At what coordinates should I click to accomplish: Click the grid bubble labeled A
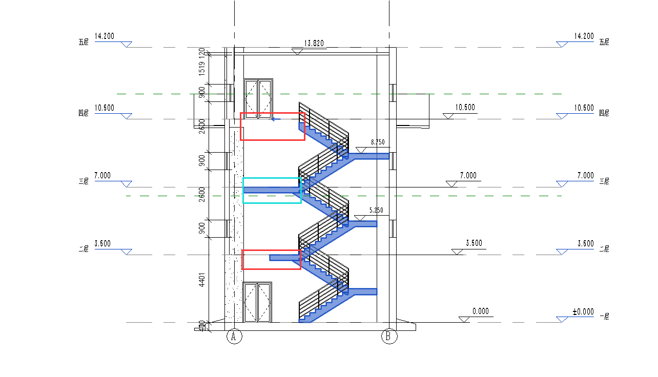pos(234,337)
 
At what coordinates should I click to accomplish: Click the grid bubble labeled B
pos(389,337)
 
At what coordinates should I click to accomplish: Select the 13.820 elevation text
pos(314,44)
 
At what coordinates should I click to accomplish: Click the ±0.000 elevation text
pos(583,311)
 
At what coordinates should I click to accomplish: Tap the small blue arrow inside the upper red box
pos(275,119)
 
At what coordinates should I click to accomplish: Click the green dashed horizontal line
pos(179,196)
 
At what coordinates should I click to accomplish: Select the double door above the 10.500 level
pos(258,98)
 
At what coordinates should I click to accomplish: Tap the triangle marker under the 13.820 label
pos(296,51)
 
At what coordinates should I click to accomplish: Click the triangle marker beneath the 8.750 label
pos(361,150)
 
